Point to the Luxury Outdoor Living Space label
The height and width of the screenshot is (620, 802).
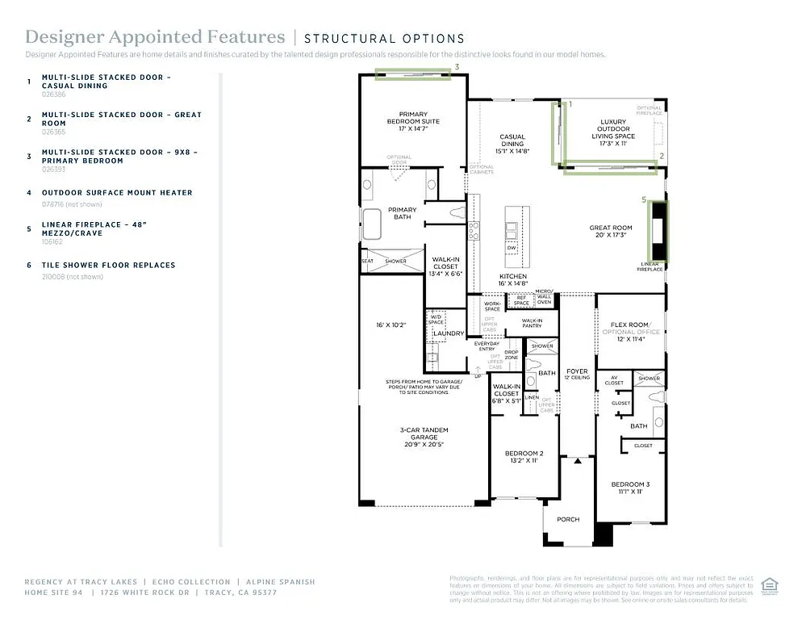click(613, 129)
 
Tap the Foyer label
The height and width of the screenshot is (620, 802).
click(576, 374)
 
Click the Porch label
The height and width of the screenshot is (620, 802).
click(568, 519)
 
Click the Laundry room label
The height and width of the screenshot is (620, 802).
click(448, 333)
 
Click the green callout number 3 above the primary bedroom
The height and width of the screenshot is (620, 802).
click(457, 67)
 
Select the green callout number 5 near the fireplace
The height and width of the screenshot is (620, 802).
click(643, 199)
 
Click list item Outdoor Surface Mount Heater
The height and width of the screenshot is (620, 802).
click(117, 192)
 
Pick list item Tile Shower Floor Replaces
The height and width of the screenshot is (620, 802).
click(108, 265)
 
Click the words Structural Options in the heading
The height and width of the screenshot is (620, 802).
click(384, 38)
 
